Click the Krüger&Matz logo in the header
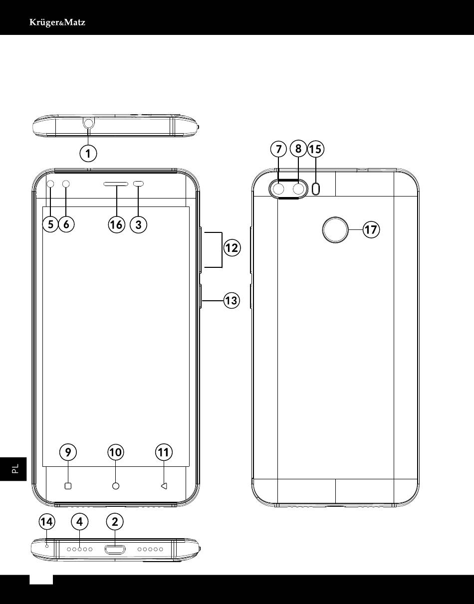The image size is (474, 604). (57, 22)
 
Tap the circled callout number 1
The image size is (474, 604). (88, 154)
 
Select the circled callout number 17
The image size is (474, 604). (371, 229)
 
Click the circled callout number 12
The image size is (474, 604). (232, 248)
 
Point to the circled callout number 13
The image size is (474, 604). (232, 300)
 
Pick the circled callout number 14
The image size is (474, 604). (47, 522)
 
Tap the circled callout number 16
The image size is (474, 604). (116, 224)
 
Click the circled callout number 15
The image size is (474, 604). (315, 149)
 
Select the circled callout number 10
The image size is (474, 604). (116, 452)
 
